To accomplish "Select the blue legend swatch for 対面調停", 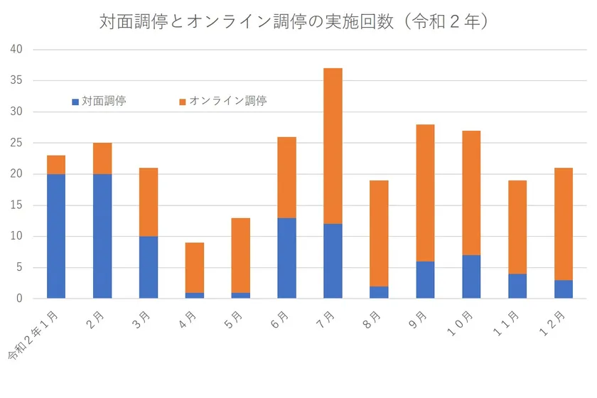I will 75,102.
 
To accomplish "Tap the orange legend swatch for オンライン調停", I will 182,102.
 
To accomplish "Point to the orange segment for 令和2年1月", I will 56,164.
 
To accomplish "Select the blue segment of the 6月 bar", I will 286,258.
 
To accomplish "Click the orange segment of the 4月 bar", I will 195,267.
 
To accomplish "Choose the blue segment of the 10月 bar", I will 471,276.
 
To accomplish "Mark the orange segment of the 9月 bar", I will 425,193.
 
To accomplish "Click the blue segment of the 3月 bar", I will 149,267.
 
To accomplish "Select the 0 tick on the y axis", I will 20,298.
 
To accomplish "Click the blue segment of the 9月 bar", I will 425,280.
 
